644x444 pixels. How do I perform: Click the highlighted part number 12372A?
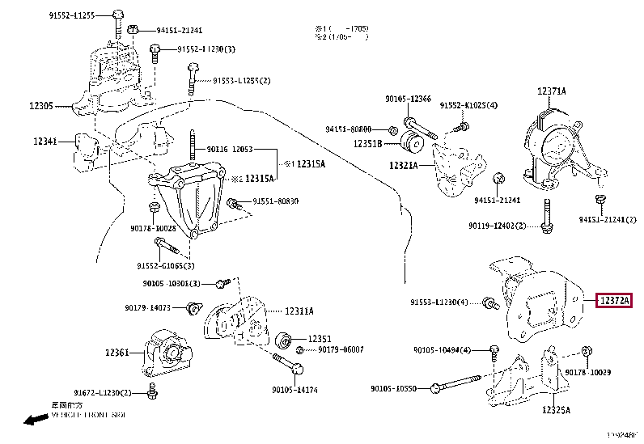click(613, 302)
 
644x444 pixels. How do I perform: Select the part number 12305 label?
click(41, 105)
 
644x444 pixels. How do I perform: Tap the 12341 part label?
click(44, 142)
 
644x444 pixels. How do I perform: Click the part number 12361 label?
click(117, 352)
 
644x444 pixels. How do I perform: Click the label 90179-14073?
click(148, 307)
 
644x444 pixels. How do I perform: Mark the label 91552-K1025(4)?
click(468, 106)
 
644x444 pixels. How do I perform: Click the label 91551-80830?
click(275, 201)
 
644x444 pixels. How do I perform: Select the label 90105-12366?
click(408, 99)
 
